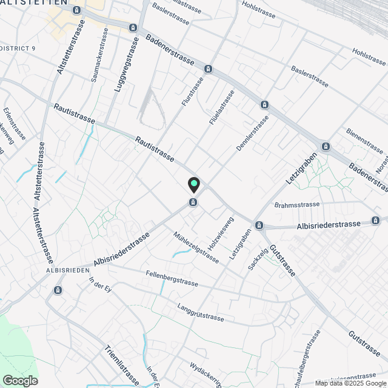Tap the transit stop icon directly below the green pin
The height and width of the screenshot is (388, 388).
pos(193,202)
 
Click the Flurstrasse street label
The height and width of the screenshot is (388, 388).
pos(192,92)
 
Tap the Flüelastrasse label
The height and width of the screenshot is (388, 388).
pos(222,107)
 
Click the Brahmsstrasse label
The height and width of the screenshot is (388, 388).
pos(296,205)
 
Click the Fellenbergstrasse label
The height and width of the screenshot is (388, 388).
pos(172,278)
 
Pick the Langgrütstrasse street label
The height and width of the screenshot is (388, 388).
pos(200,312)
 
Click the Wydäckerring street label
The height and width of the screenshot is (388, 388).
pos(206,375)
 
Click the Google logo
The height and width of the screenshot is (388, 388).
pos(20,380)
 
